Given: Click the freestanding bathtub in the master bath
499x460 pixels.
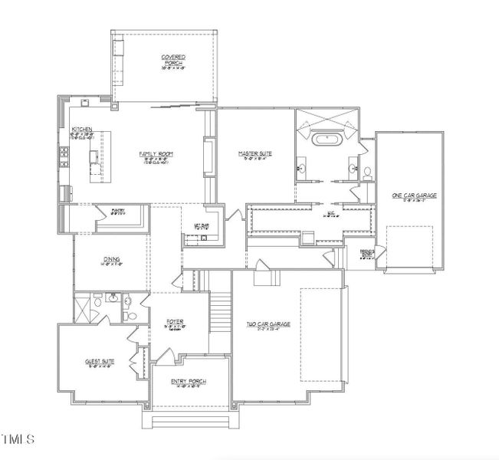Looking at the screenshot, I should pos(327,141).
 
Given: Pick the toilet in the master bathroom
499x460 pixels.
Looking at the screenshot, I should pos(367,172).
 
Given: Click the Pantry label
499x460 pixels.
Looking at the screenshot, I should pos(117,212).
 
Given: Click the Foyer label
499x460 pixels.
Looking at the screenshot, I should pos(175,323).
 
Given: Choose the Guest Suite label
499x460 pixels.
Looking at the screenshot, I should pos(100,363).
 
